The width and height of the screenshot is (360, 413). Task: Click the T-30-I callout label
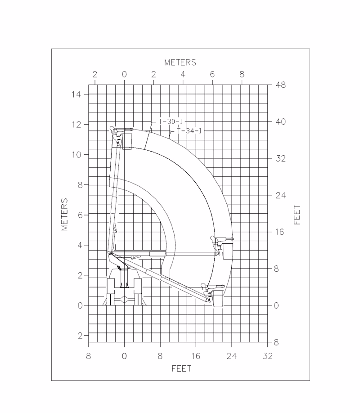[170, 121]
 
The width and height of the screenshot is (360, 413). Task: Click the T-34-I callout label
[189, 131]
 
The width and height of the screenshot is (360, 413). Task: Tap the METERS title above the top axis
[180, 63]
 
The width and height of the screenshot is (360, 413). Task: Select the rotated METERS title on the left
[64, 215]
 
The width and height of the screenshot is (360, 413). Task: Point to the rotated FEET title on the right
[297, 215]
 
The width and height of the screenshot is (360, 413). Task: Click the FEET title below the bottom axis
[181, 368]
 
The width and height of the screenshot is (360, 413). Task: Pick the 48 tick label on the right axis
[281, 85]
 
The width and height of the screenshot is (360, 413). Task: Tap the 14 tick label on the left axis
[76, 94]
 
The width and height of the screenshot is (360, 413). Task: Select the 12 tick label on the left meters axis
[76, 124]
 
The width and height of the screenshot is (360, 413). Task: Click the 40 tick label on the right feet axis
[281, 121]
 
